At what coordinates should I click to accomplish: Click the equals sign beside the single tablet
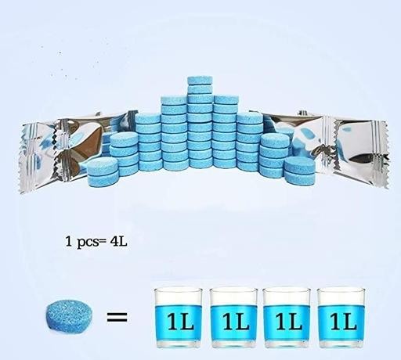117,317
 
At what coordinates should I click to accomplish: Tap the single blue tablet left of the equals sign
70,316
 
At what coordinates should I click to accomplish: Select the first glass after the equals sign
179,318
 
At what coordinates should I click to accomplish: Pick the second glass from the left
233,318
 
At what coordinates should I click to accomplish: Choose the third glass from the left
287,318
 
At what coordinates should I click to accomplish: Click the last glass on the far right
341,318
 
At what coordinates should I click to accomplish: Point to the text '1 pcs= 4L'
96,242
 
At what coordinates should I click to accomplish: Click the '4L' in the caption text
118,241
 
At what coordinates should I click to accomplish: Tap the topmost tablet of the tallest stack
200,81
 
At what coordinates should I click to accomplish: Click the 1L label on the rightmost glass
343,322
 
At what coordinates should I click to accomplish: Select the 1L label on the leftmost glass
180,322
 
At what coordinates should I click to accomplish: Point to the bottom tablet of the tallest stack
200,163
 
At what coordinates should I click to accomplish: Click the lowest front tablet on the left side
103,178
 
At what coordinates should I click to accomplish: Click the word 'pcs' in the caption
88,243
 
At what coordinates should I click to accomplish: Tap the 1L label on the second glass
236,322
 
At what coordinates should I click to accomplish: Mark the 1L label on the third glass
289,322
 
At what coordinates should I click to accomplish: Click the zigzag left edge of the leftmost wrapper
21,158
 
